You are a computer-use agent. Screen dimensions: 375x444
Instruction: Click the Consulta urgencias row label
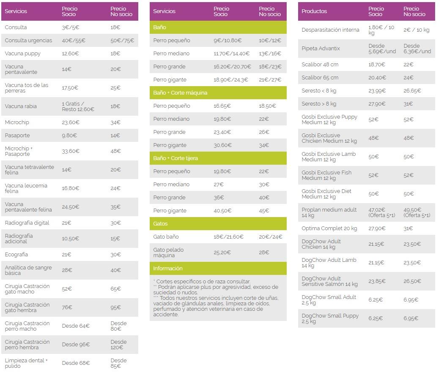pos(28,41)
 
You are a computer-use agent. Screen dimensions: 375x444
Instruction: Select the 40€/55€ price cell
pos(74,41)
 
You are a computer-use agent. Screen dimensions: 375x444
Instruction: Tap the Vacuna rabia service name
pos(21,106)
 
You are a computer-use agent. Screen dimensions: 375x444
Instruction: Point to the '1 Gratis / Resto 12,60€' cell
pos(78,106)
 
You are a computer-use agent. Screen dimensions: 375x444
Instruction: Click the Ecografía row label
pos(16,255)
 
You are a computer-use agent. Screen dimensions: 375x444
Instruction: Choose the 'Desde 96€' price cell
pos(76,345)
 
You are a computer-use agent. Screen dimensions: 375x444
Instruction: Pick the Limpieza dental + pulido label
pos(26,363)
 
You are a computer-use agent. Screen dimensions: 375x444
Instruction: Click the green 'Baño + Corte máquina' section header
pos(180,93)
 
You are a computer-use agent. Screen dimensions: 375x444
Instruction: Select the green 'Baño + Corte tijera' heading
pos(175,158)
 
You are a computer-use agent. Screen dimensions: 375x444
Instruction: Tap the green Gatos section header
pos(160,224)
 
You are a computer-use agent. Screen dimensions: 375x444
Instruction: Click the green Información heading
pos(168,269)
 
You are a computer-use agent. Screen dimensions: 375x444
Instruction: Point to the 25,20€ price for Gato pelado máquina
pos(222,253)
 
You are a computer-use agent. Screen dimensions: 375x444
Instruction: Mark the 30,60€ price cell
pos(222,145)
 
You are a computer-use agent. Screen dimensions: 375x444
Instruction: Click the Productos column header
pos(314,11)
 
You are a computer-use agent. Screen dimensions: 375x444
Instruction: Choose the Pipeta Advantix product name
pos(321,49)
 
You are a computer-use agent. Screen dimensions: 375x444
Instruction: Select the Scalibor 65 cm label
pos(320,78)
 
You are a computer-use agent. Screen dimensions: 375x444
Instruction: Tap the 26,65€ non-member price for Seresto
pos(412,91)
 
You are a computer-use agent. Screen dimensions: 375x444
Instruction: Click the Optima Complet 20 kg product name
pos(329,228)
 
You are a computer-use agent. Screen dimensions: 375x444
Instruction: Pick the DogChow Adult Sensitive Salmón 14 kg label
pos(329,281)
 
